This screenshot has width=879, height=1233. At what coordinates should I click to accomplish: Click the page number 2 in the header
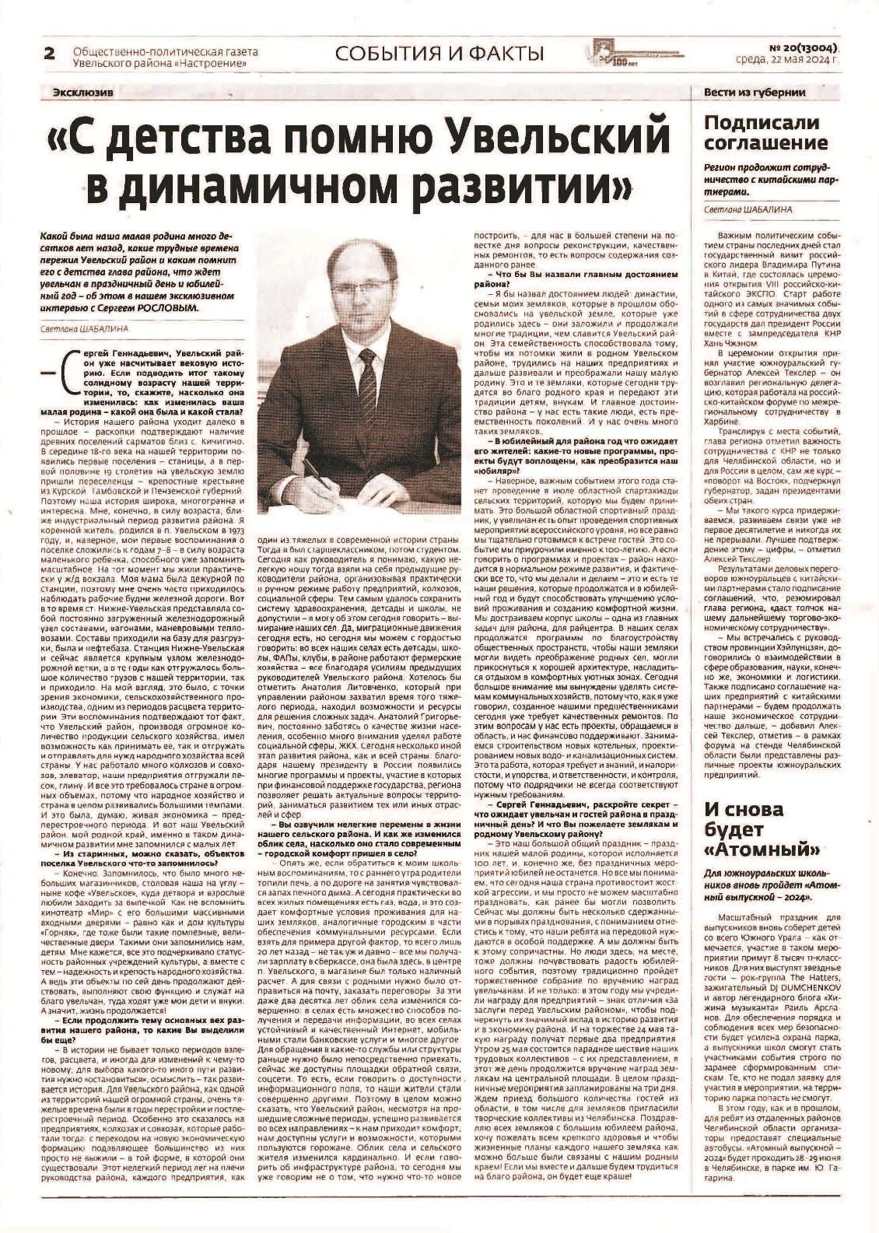tap(51, 53)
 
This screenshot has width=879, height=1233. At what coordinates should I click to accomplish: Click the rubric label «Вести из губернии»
tap(744, 93)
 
